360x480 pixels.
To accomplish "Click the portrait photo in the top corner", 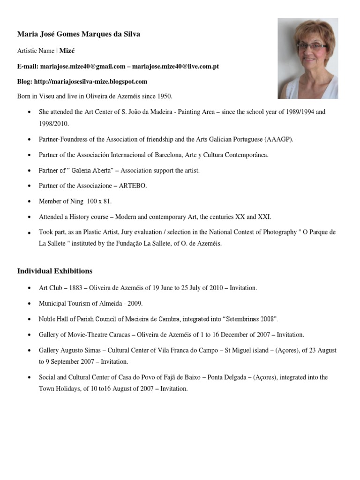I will click(307, 58).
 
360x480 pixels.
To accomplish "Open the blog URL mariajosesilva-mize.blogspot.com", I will click(90, 81).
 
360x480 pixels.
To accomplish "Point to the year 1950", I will click(164, 96).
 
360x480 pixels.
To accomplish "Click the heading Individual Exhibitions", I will click(55, 271).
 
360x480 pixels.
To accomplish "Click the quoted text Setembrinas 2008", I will click(251, 319).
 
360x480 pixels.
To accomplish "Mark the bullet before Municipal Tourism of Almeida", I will click(30, 303).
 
